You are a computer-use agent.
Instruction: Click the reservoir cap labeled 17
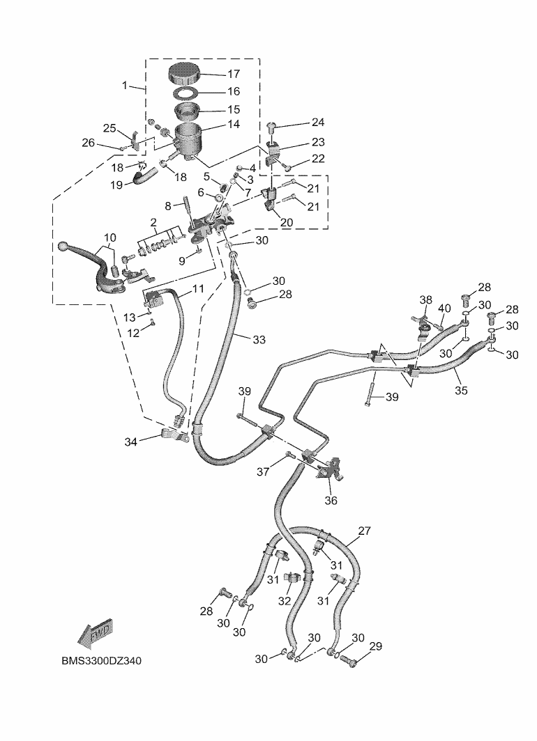point(185,74)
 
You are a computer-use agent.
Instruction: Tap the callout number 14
point(234,124)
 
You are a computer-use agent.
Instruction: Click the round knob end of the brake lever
point(63,247)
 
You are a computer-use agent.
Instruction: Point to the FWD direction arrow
point(95,634)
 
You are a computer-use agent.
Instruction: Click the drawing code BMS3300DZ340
point(101,661)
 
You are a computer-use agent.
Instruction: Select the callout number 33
point(259,340)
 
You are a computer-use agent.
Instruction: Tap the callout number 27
point(365,531)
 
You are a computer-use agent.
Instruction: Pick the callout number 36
point(331,500)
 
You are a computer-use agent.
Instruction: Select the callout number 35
point(461,390)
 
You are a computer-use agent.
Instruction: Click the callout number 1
point(125,85)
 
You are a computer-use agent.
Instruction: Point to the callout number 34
point(131,442)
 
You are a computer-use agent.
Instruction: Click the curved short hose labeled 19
point(144,178)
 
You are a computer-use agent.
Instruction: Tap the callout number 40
point(444,309)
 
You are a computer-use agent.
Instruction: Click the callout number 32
point(285,601)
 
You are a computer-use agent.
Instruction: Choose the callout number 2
point(153,222)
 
